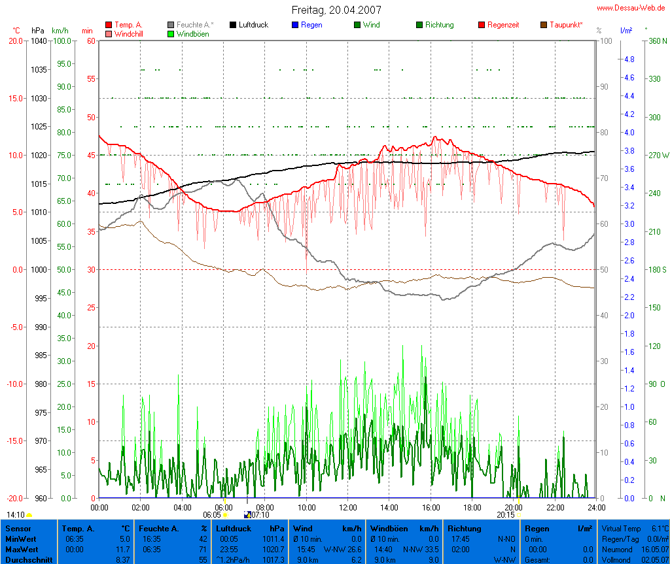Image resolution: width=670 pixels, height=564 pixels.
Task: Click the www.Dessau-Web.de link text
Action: pos(631,8)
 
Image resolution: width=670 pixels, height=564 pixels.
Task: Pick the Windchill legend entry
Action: pos(128,33)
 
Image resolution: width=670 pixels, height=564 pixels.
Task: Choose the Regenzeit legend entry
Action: pos(503,25)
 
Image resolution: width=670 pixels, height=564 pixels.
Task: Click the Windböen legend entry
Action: pos(192,33)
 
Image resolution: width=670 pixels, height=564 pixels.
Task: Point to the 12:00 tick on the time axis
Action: pos(348,506)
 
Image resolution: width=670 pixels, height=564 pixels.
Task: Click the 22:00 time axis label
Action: pos(555,506)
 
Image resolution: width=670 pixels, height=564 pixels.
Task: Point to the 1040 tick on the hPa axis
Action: pos(39,41)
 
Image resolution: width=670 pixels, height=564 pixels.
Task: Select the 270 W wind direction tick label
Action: pos(658,156)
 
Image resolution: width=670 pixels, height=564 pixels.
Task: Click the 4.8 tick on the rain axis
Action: pos(629,59)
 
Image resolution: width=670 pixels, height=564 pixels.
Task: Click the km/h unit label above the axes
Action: pos(60,31)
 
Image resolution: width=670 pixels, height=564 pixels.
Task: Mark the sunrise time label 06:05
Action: pos(212,515)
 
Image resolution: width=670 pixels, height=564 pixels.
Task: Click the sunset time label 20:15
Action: pos(506,515)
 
